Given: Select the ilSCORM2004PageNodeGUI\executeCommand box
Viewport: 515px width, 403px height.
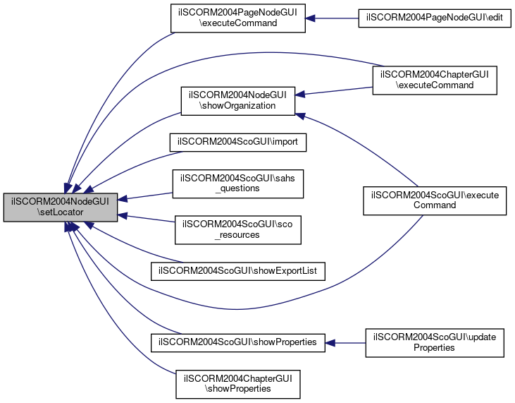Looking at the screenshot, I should point(238,18).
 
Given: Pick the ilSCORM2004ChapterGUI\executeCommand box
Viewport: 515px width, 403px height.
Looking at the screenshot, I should point(435,80).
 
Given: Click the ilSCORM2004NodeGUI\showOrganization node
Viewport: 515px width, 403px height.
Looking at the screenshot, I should point(238,101).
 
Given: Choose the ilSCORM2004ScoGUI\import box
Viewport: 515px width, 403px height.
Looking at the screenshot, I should point(238,142).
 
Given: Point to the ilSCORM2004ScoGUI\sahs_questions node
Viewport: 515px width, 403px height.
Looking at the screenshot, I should point(238,183).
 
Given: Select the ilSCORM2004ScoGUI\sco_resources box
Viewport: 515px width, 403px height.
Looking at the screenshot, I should point(238,229).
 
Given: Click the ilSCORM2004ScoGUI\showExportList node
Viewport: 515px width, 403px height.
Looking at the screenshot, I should point(238,271).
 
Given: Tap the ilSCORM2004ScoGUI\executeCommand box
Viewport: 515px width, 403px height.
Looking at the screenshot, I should point(435,200).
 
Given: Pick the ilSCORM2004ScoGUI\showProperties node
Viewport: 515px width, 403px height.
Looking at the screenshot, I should point(238,342).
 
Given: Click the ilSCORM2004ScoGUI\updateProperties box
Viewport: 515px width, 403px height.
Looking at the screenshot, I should point(435,342).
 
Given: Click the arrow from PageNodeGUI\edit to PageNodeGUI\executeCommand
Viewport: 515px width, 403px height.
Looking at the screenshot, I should point(331,18).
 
